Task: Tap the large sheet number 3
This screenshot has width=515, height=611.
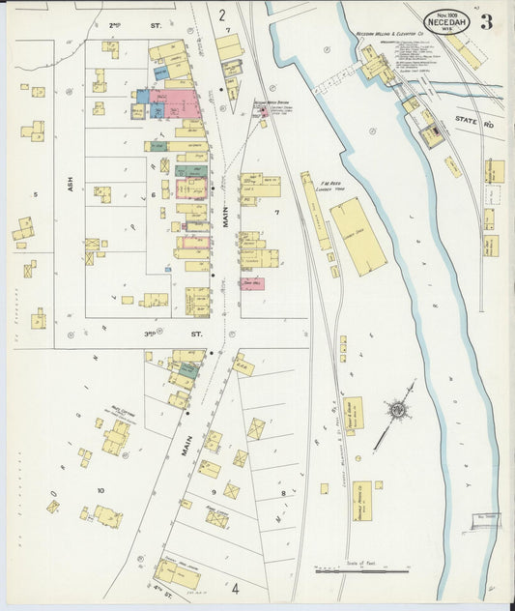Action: point(486,22)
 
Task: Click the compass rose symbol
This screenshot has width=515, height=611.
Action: point(395,412)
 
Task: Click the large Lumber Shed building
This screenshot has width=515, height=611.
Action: point(358,236)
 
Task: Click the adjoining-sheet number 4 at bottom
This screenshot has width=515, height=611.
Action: point(234,587)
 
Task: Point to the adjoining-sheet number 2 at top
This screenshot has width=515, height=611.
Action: point(221,15)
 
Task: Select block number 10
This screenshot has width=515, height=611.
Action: point(100,490)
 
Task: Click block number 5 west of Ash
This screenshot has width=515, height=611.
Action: point(36,194)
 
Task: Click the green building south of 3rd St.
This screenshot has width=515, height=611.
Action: point(188,369)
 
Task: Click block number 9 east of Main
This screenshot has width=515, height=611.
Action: point(214,491)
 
